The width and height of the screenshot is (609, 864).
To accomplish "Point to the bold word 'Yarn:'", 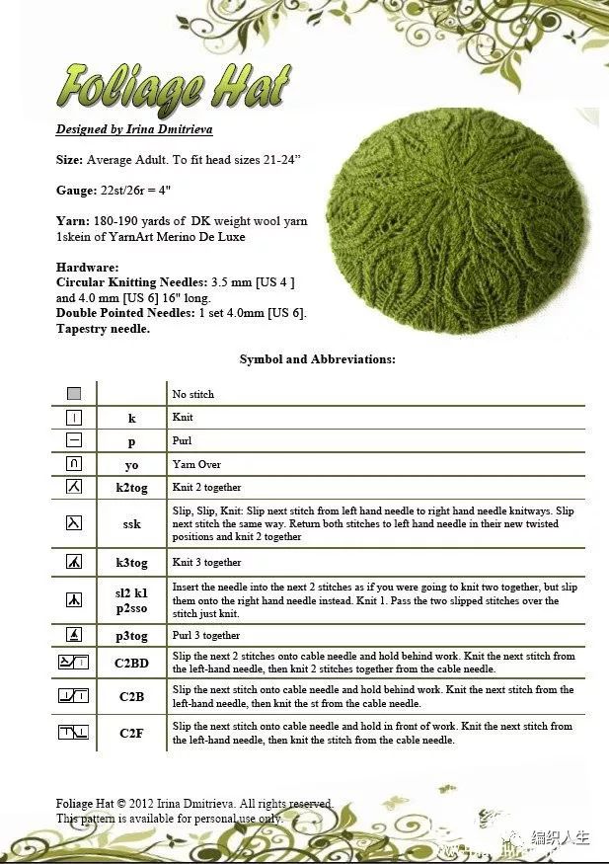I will pyautogui.click(x=73, y=221).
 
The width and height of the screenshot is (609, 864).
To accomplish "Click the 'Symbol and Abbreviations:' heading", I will pyautogui.click(x=317, y=359).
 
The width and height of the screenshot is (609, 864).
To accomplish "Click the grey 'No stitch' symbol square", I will pyautogui.click(x=74, y=393).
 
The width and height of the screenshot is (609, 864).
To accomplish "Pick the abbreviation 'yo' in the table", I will pyautogui.click(x=131, y=464).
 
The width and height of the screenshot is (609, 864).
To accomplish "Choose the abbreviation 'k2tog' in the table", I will pyautogui.click(x=131, y=488).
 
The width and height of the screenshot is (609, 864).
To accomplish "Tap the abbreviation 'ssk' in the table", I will pyautogui.click(x=131, y=524).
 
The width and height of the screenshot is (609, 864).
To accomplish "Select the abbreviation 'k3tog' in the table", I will pyautogui.click(x=131, y=563).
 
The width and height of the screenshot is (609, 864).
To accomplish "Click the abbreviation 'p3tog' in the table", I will pyautogui.click(x=131, y=636).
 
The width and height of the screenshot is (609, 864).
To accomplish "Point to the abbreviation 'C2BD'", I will pyautogui.click(x=131, y=663).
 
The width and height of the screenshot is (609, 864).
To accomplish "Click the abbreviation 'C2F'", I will pyautogui.click(x=131, y=733).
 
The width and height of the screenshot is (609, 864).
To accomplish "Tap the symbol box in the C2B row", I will pyautogui.click(x=74, y=697).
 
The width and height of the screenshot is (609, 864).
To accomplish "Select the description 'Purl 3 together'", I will pyautogui.click(x=206, y=636).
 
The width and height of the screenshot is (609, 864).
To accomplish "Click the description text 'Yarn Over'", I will pyautogui.click(x=196, y=464).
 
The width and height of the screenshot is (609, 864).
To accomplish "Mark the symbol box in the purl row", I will pyautogui.click(x=74, y=440).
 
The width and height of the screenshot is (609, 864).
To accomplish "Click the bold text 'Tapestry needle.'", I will pyautogui.click(x=103, y=329).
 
